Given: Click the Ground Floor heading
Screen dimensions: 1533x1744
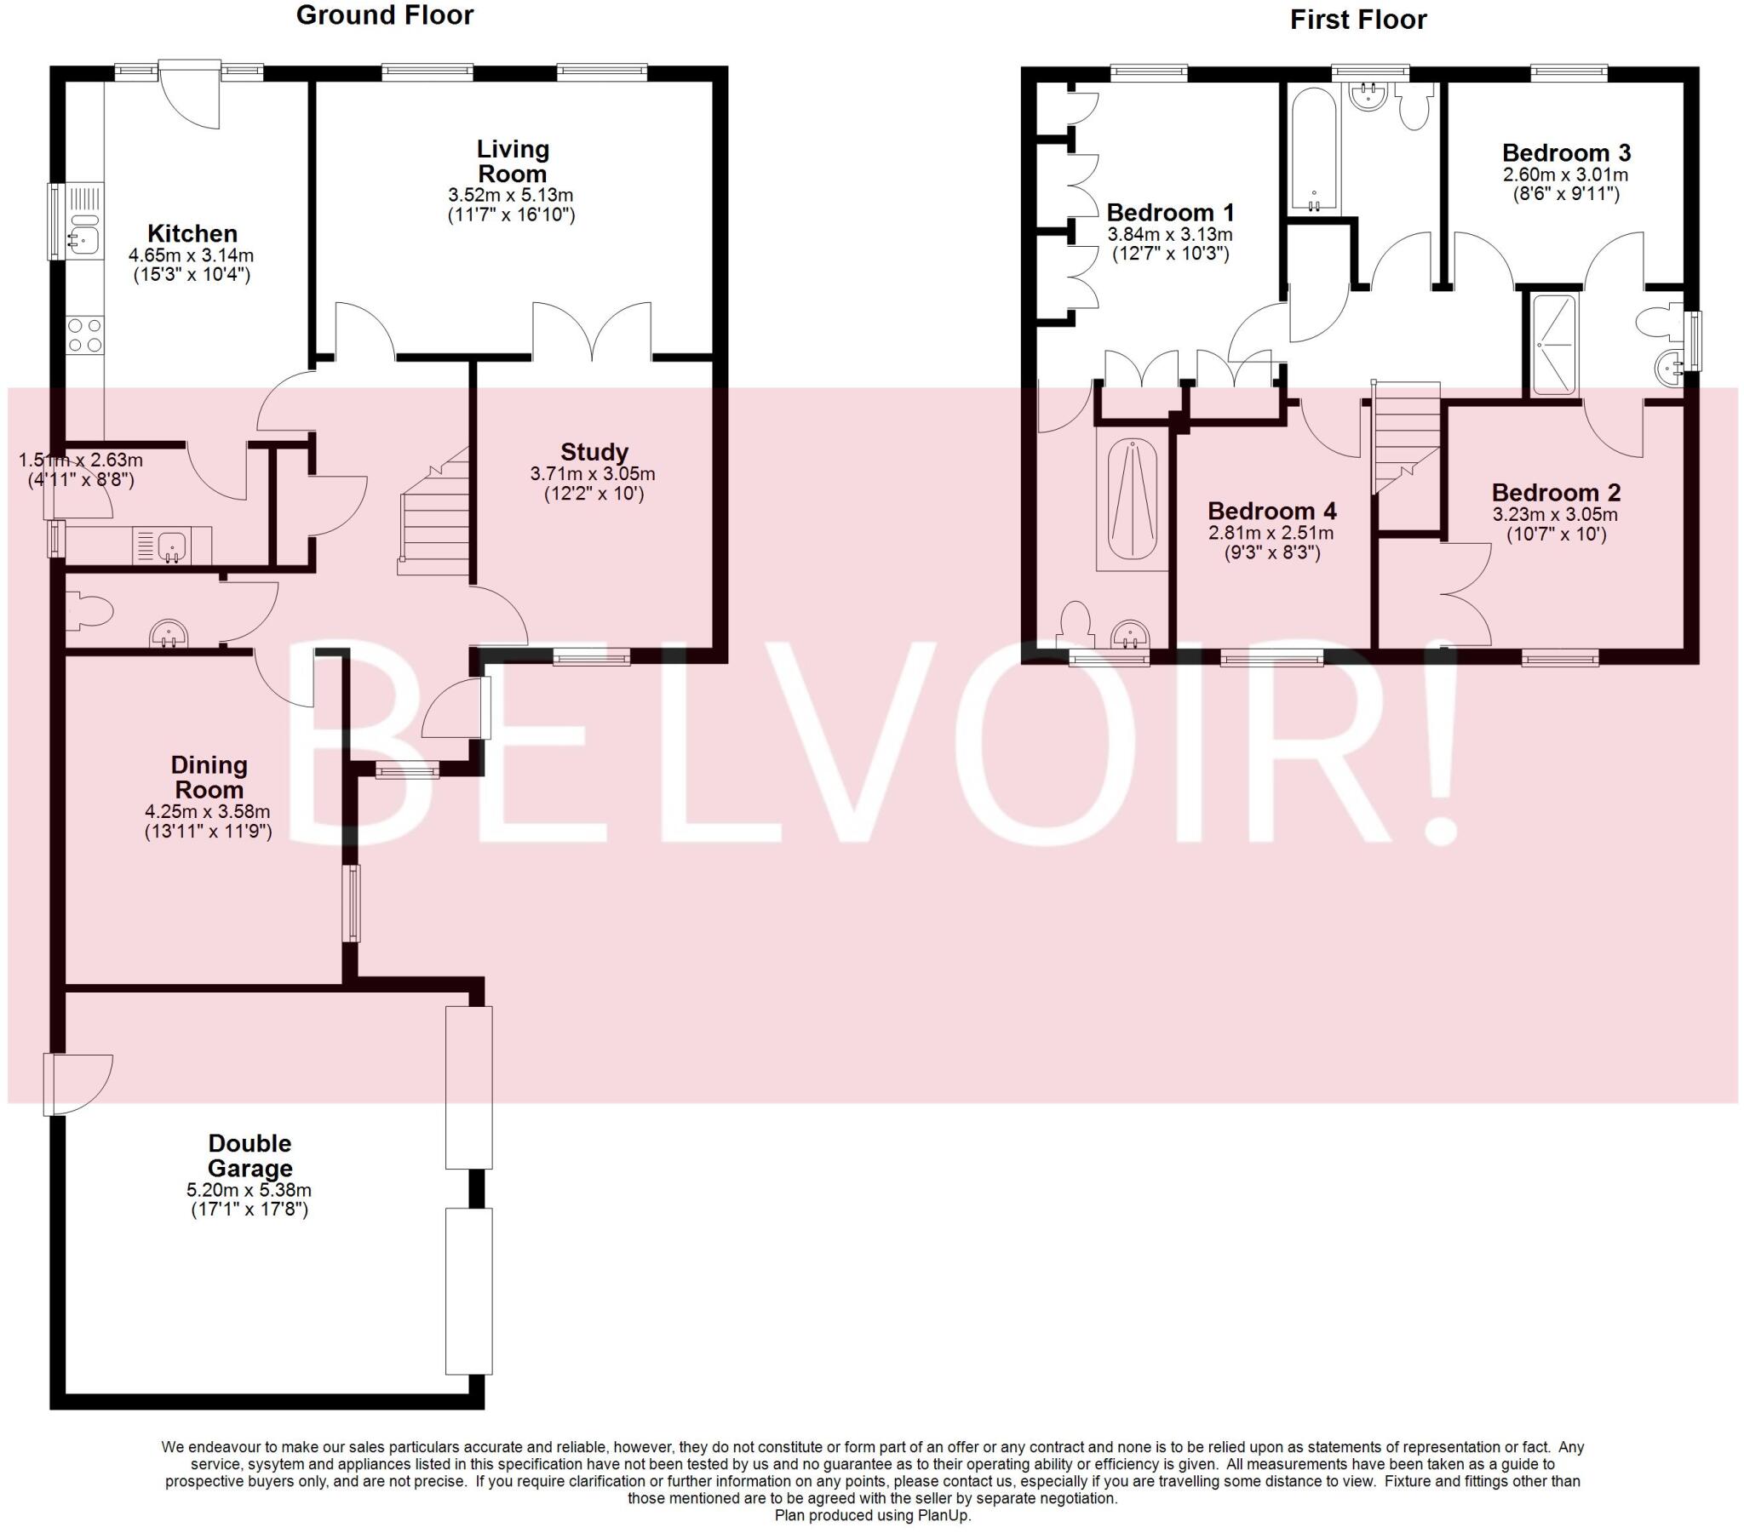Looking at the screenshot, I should pyautogui.click(x=384, y=15).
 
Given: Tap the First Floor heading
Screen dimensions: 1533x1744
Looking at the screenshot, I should pyautogui.click(x=1357, y=20).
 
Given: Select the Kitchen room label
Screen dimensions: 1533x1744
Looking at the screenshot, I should pyautogui.click(x=192, y=233).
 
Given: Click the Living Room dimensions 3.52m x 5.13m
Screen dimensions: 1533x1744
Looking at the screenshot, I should pyautogui.click(x=511, y=196).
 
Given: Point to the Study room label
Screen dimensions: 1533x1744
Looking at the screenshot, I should pyautogui.click(x=594, y=451).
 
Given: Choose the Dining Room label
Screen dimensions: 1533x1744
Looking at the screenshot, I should pyautogui.click(x=209, y=776).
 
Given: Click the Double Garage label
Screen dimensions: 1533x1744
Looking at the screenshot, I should pyautogui.click(x=250, y=1155).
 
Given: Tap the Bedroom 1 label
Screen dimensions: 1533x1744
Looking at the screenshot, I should pyautogui.click(x=1170, y=213).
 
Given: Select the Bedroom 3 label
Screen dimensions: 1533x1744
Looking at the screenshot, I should pyautogui.click(x=1566, y=152).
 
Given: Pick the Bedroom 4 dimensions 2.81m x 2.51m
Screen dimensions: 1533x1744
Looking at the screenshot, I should pyautogui.click(x=1271, y=533).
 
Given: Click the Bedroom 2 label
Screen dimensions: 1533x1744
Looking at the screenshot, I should pyautogui.click(x=1556, y=492).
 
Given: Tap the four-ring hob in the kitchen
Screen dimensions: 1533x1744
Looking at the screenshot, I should pyautogui.click(x=84, y=335).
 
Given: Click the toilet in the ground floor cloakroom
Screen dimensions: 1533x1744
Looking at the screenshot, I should pyautogui.click(x=89, y=612).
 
